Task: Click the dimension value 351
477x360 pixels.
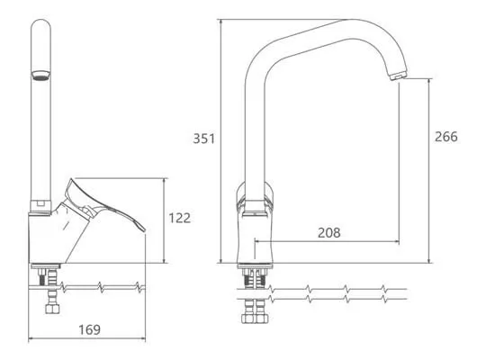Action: (x=204, y=139)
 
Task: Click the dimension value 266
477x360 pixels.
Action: (x=446, y=137)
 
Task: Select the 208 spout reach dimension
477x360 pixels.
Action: (x=329, y=233)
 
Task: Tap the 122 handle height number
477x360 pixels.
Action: (x=180, y=218)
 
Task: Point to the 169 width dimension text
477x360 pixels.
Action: (x=89, y=329)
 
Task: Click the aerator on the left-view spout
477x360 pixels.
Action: (x=40, y=76)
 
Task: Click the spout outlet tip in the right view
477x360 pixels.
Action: (x=398, y=76)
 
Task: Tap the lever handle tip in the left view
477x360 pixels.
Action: (x=142, y=229)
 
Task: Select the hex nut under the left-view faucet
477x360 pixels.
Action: (x=52, y=309)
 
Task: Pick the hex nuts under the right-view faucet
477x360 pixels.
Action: (x=255, y=318)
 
